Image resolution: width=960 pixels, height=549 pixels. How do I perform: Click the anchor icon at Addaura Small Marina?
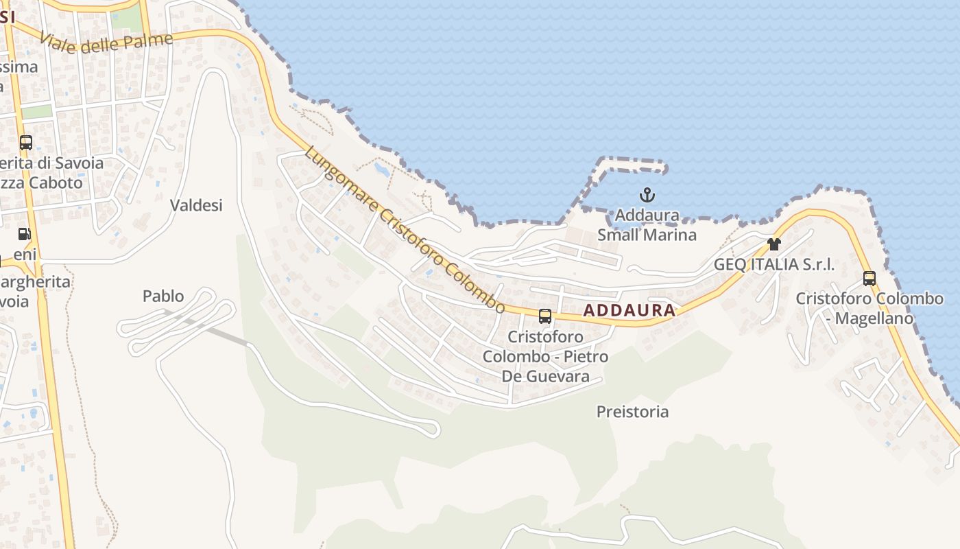tap(647, 196)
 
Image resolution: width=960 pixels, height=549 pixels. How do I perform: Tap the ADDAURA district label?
tap(629, 310)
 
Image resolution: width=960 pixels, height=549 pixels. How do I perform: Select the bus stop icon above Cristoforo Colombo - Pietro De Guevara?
tap(545, 316)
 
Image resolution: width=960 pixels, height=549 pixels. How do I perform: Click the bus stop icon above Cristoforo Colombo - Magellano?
tap(869, 279)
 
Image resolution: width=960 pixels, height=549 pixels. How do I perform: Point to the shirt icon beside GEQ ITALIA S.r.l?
tap(774, 244)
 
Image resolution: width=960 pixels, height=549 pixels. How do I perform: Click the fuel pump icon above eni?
tap(25, 234)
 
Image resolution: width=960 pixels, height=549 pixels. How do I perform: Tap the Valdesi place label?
tap(196, 205)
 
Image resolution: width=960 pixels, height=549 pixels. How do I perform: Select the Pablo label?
tap(163, 296)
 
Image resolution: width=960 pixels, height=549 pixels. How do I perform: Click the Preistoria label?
tap(632, 412)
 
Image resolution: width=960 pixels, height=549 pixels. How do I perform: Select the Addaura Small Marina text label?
tap(647, 225)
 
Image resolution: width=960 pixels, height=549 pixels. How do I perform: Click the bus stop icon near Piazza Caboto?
tap(26, 143)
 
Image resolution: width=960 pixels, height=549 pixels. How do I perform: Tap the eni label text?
tap(25, 255)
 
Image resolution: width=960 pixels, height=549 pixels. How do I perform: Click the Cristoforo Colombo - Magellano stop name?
tap(869, 308)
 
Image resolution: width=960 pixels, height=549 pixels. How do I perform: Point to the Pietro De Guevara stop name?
tap(545, 357)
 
